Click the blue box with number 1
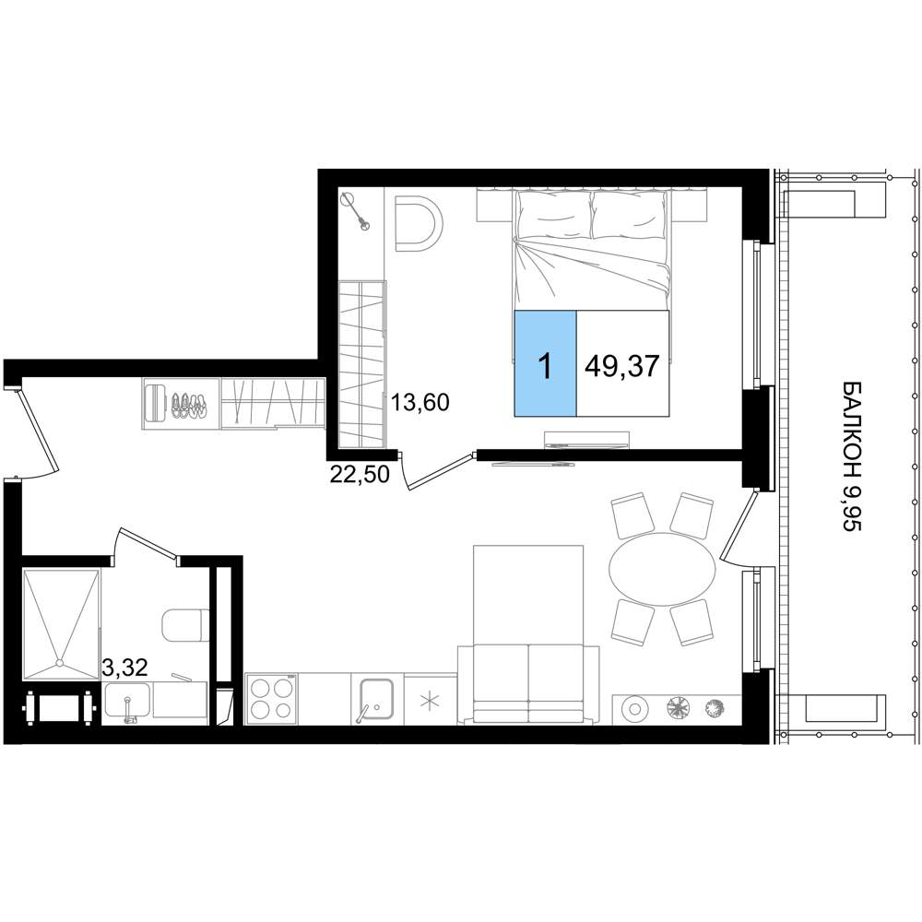[545, 363]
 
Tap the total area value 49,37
[622, 366]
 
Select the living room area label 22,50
[360, 473]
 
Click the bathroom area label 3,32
[124, 668]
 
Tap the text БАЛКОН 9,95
[852, 456]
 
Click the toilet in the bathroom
[185, 625]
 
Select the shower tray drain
[59, 663]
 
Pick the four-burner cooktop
[272, 699]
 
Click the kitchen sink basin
[376, 699]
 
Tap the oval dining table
[662, 570]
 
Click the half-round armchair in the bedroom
[418, 224]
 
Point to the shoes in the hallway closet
[189, 406]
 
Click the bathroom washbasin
[127, 701]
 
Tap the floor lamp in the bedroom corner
[355, 209]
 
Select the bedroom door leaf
[441, 471]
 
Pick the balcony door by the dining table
[738, 526]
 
